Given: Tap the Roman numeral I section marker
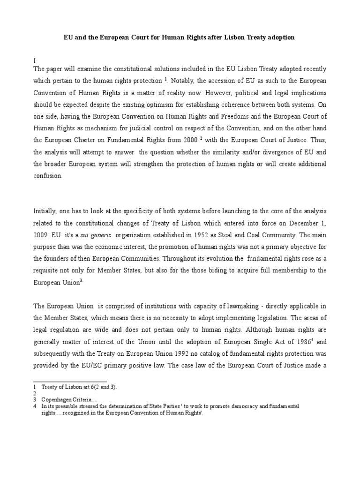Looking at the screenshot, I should point(35,60).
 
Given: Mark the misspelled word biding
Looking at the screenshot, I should point(215,271).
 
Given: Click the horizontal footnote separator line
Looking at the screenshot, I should point(70,382).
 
